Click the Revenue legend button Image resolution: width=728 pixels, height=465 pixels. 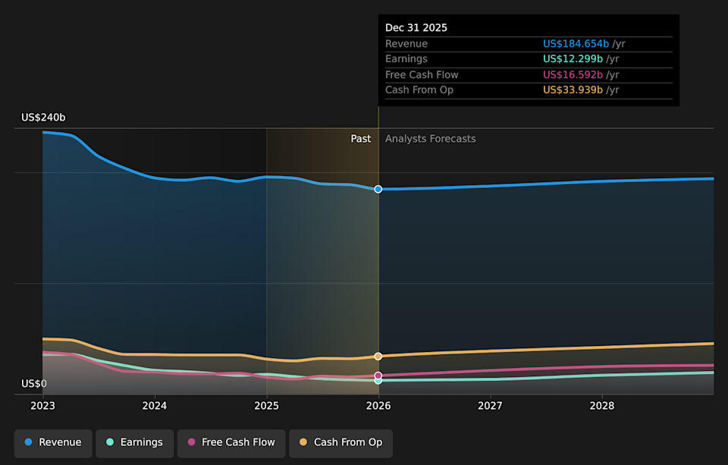53,442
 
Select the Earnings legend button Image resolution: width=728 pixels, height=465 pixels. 134,442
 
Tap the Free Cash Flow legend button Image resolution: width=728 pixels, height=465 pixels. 231,442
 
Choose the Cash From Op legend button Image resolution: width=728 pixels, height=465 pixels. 340,442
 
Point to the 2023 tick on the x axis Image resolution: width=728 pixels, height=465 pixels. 42,406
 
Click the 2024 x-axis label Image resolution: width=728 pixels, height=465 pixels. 155,406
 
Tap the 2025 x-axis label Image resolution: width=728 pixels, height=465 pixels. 266,406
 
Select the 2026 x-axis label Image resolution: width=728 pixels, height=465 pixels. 378,406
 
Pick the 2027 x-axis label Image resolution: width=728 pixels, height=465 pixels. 490,406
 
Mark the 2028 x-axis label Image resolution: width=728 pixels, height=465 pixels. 602,406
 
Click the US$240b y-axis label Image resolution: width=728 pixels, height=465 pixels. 43,118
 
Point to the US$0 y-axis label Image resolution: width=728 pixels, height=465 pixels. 34,384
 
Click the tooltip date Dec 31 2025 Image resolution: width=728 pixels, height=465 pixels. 416,28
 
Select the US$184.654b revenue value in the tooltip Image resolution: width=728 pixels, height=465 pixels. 576,44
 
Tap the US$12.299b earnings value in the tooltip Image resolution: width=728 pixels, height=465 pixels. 573,59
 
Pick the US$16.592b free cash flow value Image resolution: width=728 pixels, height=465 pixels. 573,75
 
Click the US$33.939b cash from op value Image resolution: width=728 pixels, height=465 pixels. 573,90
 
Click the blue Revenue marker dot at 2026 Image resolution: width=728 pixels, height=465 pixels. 378,189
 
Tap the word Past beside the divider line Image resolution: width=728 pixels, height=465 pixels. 361,139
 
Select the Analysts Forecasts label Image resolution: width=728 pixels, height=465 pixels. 431,139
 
